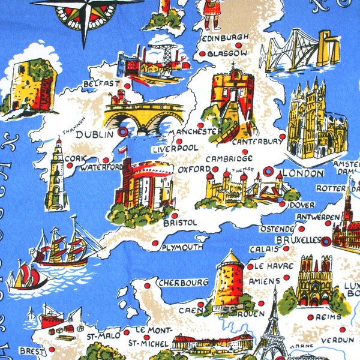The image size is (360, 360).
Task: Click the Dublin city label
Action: coord(94,135)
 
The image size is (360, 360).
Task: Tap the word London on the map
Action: coord(302,173)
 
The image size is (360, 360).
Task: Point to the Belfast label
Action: coord(102,83)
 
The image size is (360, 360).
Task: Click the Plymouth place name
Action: coord(183,247)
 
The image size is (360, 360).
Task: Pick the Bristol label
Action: coord(179,223)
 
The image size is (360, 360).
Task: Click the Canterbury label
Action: coord(256,142)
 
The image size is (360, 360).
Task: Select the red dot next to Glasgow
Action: coord(202,53)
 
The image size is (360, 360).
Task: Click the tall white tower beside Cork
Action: coord(56,174)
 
